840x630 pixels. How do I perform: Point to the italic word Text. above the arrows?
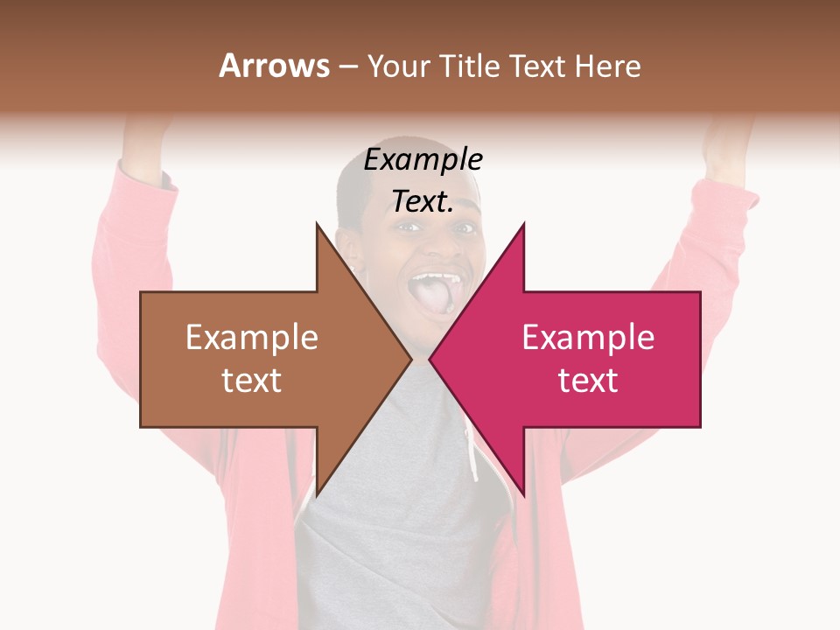pyautogui.click(x=423, y=202)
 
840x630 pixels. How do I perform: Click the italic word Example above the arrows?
pyautogui.click(x=423, y=160)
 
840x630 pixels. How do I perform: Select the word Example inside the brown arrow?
pyautogui.click(x=252, y=338)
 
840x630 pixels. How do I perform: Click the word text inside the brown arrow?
pyautogui.click(x=252, y=381)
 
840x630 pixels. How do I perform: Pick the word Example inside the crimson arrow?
pyautogui.click(x=588, y=338)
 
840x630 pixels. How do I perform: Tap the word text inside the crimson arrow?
pyautogui.click(x=588, y=381)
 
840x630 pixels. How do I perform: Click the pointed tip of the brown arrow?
pyautogui.click(x=410, y=359)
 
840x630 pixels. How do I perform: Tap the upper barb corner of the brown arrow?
pyautogui.click(x=317, y=224)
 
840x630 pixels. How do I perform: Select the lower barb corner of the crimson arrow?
pyautogui.click(x=523, y=494)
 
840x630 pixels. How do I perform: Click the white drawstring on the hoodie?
pyautogui.click(x=472, y=455)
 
